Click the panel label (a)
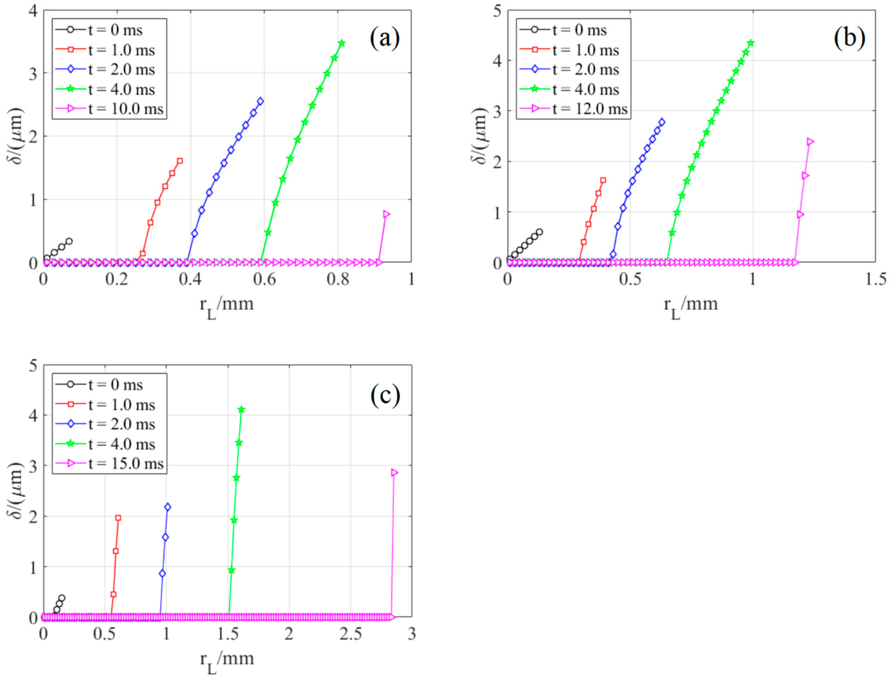385,39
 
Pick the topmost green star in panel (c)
241,410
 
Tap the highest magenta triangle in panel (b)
810,142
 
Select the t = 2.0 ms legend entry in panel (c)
121,424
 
